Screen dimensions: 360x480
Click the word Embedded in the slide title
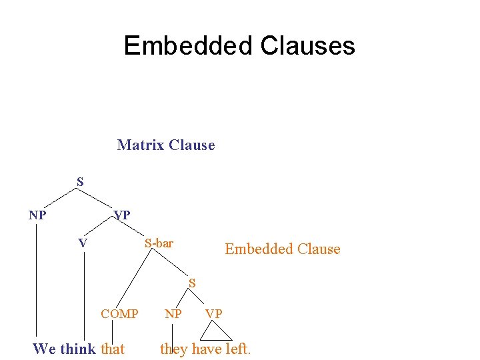pos(189,46)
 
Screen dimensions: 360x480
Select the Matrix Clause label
pos(166,145)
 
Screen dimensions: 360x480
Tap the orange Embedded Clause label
pos(282,249)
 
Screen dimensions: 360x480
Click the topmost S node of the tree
pos(80,181)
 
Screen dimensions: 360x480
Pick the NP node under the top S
pos(37,215)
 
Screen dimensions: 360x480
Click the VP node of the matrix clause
pos(122,215)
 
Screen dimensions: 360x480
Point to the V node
pos(83,243)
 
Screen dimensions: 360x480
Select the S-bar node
pos(159,243)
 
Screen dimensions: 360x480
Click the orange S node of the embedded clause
pos(192,283)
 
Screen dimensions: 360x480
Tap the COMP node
pos(119,313)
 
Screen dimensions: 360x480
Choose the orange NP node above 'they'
pos(173,313)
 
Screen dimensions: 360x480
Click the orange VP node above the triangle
pos(214,313)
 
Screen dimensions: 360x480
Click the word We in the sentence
pos(44,349)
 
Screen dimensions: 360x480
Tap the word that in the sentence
pos(113,349)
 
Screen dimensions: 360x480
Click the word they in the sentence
pos(174,349)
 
